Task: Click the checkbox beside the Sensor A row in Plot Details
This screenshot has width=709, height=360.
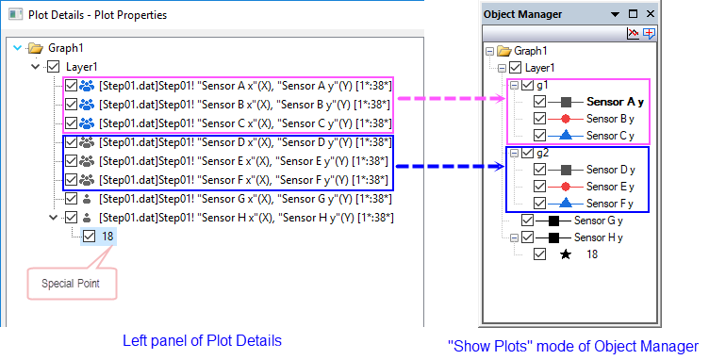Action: click(71, 86)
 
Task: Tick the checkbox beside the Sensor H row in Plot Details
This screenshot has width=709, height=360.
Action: click(71, 218)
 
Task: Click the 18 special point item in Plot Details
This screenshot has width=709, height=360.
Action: click(107, 237)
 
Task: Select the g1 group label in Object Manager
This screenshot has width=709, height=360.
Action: click(543, 85)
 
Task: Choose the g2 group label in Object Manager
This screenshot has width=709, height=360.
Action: click(543, 153)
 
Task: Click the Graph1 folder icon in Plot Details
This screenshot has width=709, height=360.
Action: click(36, 47)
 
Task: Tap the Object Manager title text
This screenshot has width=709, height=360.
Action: click(522, 15)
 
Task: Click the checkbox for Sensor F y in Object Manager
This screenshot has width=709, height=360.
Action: click(539, 204)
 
